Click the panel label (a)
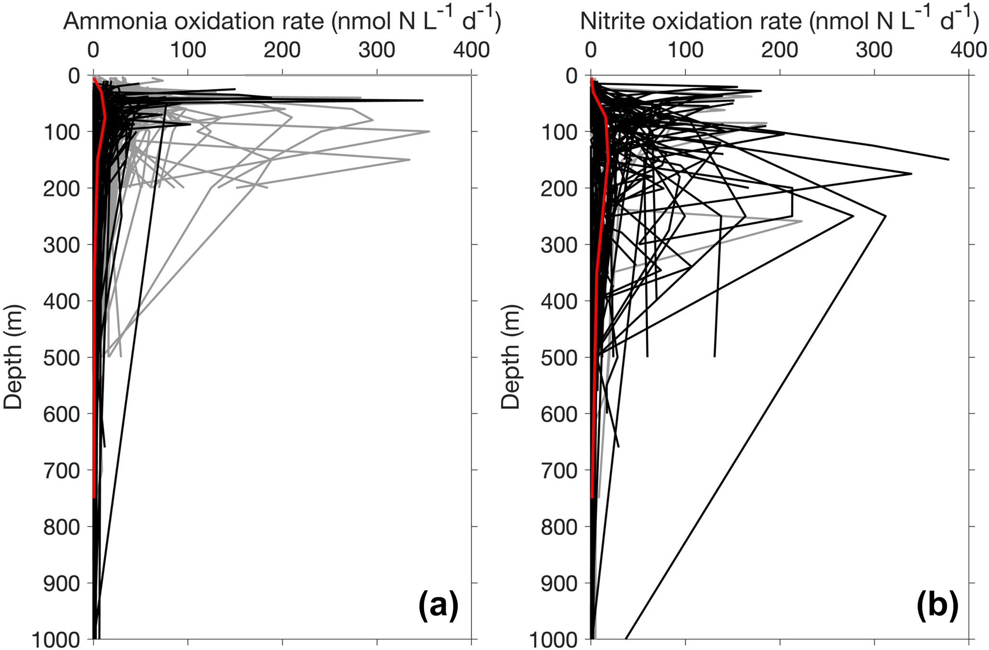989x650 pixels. pos(438,606)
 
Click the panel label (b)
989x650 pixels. pos(937,606)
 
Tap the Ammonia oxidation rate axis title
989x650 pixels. pos(282,22)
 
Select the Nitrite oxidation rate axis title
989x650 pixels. pos(779,22)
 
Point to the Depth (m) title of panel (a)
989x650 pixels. pos(13,356)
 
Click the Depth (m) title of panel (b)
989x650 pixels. pos(511,356)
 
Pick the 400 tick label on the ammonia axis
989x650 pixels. pos(471,50)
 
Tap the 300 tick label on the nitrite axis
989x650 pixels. pos(874,50)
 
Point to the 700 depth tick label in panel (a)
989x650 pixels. pos(62,470)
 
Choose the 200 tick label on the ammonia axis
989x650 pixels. pos(282,50)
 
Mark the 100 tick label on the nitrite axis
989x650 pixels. pos(685,50)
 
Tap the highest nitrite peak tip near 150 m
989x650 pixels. pos(948,159)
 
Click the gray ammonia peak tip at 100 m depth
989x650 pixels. pos(429,132)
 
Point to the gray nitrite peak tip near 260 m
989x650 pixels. pos(801,221)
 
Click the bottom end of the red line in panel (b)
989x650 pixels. pos(592,497)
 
